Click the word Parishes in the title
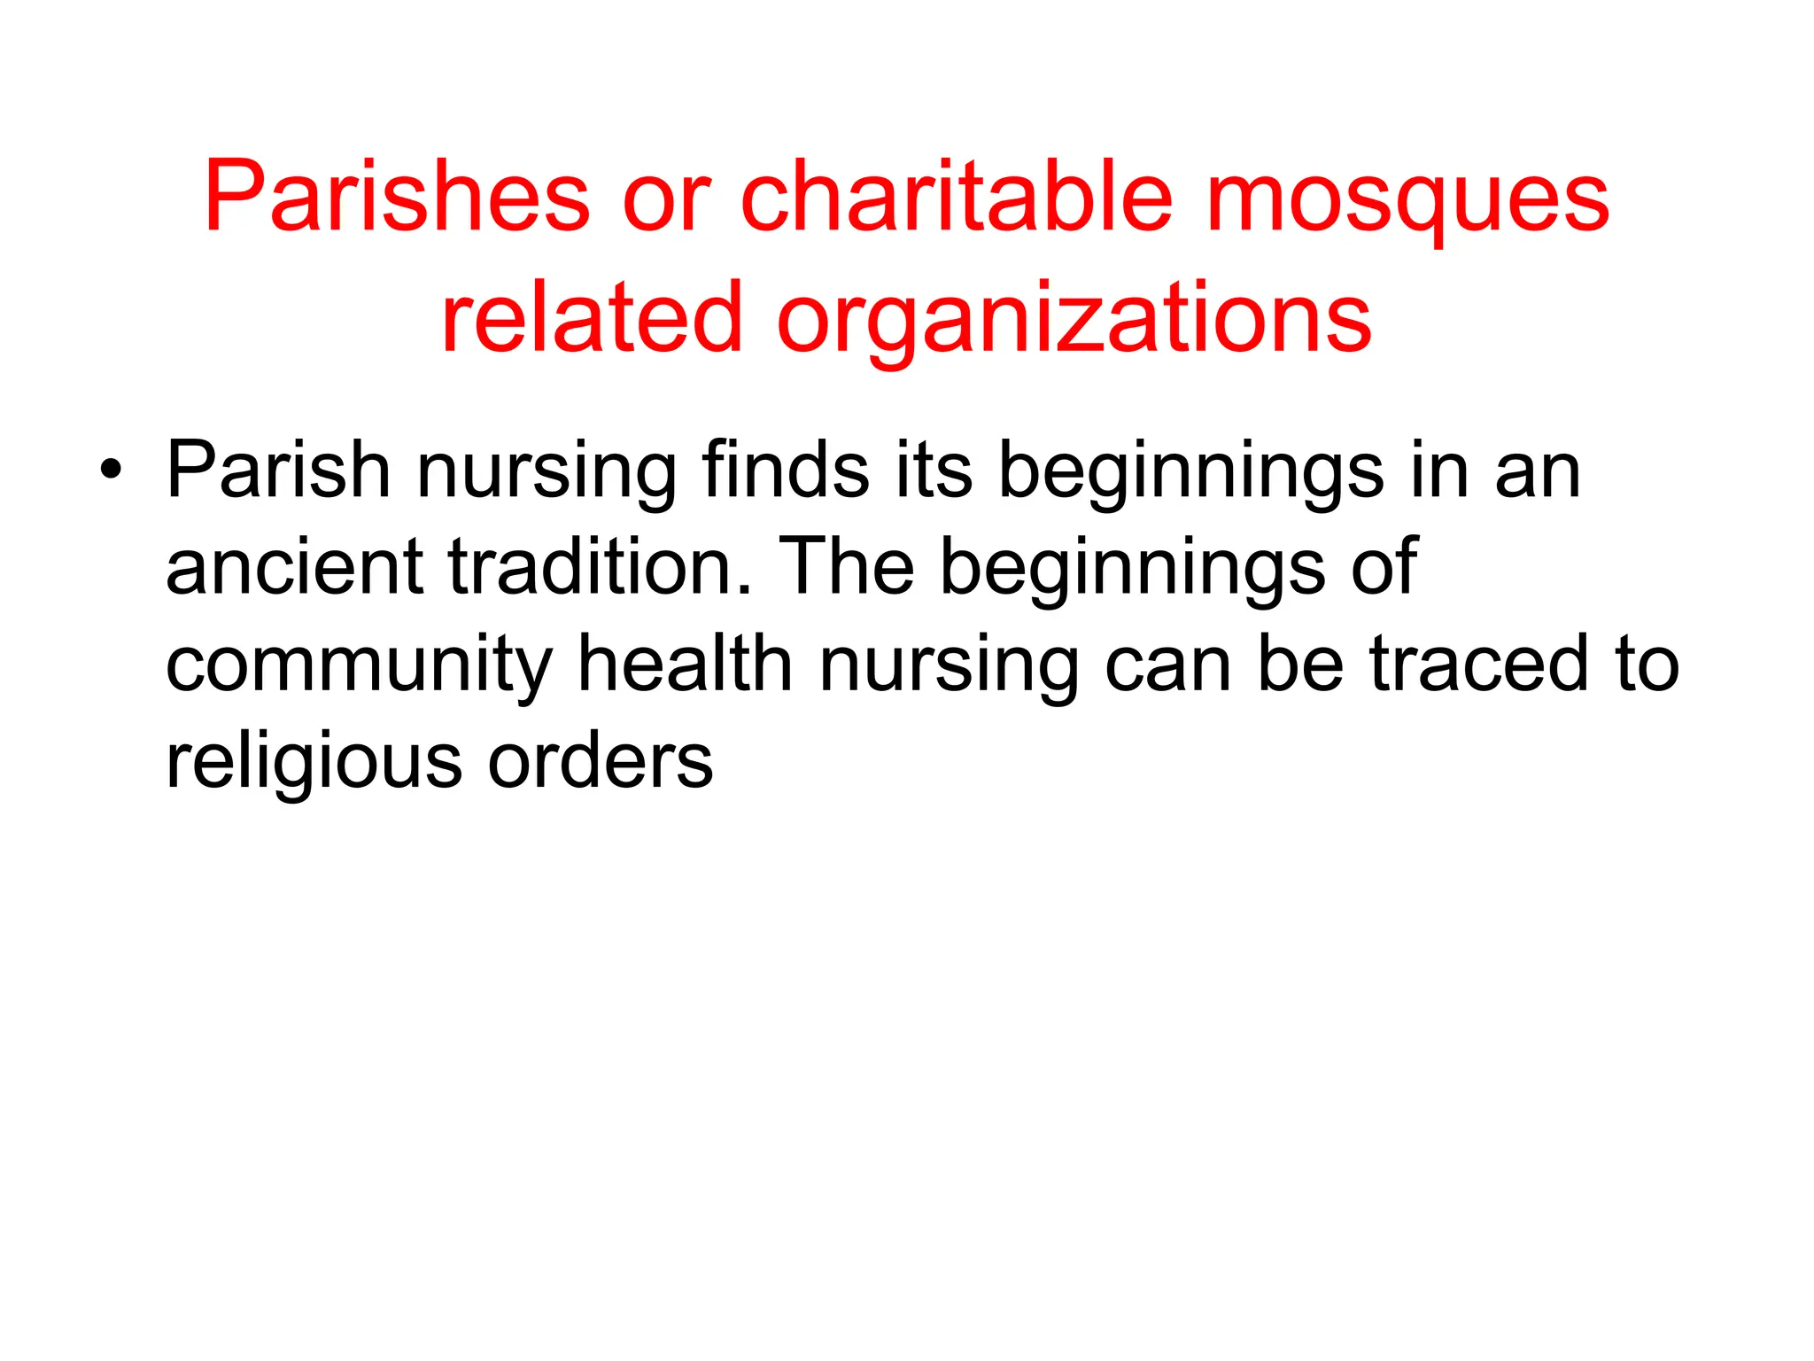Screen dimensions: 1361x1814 tap(397, 196)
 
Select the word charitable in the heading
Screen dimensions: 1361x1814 tap(956, 196)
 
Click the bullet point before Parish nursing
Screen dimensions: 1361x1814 tap(110, 471)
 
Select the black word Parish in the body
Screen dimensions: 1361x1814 tap(278, 471)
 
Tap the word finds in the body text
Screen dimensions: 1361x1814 tap(786, 471)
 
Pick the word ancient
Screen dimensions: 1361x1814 tap(295, 567)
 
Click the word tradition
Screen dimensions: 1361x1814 tap(601, 567)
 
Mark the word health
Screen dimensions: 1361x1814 tap(685, 664)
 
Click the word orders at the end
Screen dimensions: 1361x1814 tap(601, 760)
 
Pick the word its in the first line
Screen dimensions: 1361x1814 tap(934, 471)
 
